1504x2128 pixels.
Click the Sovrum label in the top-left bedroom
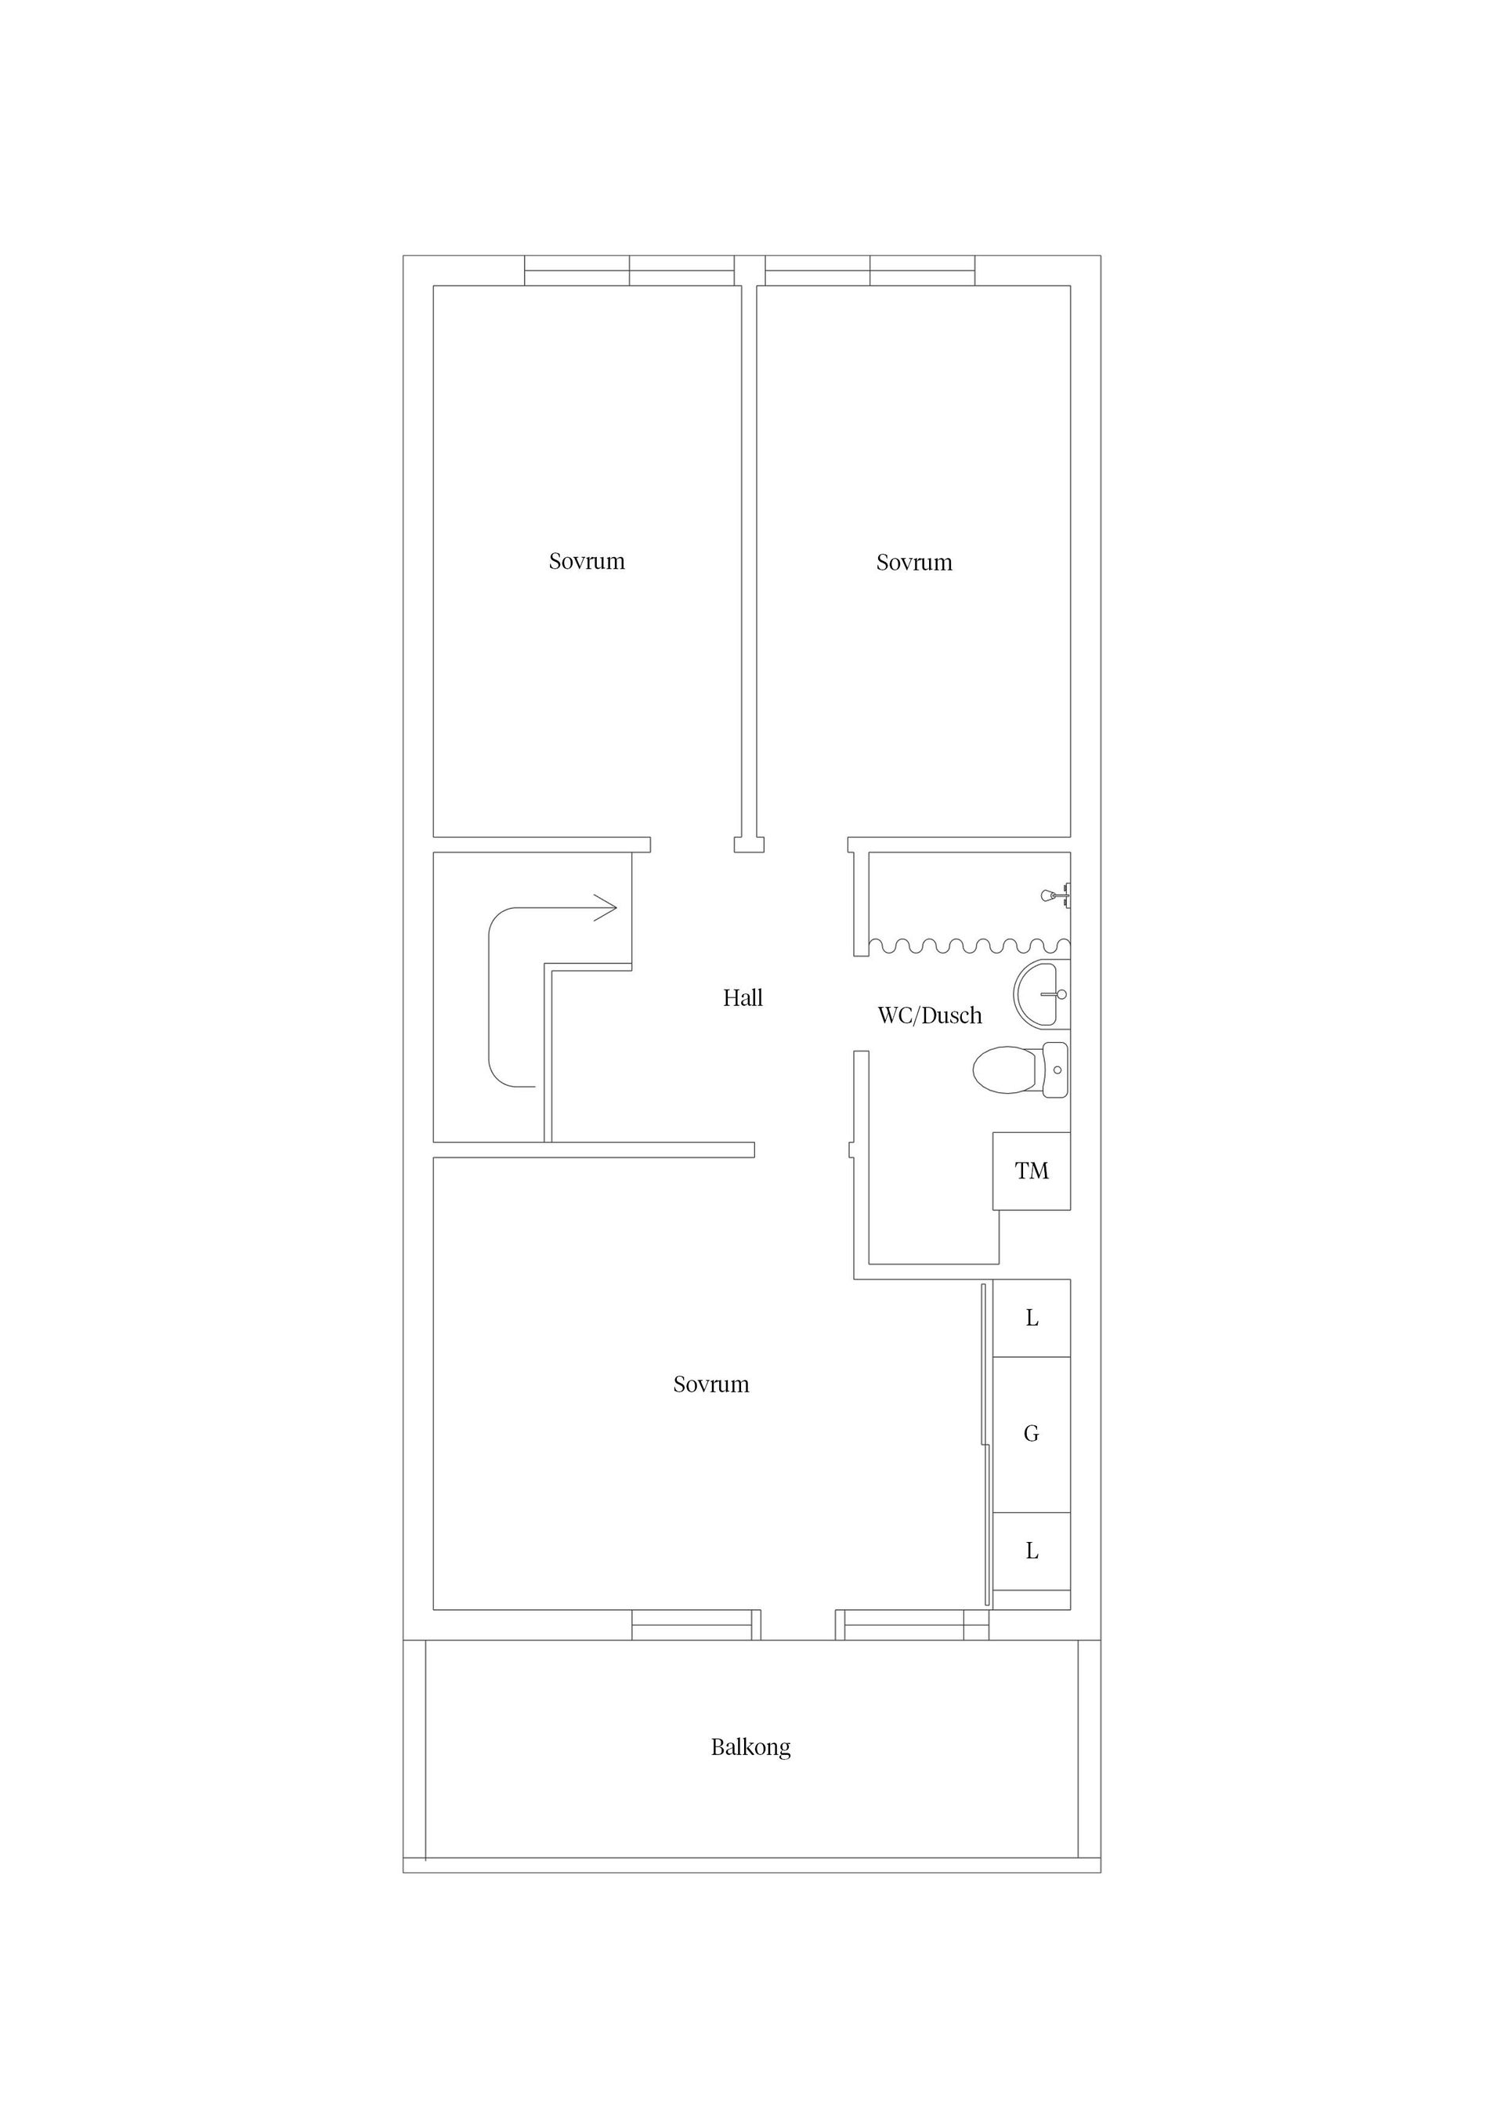(587, 562)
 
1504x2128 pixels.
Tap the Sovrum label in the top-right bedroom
(913, 563)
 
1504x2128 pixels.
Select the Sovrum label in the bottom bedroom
(710, 1384)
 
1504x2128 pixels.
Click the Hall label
(743, 998)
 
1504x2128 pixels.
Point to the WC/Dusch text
(930, 1015)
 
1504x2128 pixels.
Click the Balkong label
(750, 1748)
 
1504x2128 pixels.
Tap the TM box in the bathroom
(1032, 1171)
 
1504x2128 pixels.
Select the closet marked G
(1032, 1435)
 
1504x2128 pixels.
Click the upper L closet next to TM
(1032, 1319)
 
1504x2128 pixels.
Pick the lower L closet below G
(1032, 1551)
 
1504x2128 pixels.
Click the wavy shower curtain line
(968, 946)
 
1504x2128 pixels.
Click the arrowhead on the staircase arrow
(607, 907)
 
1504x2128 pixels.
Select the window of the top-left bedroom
(629, 270)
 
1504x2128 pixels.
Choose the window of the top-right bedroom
(869, 270)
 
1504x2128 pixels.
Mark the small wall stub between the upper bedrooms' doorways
(749, 845)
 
